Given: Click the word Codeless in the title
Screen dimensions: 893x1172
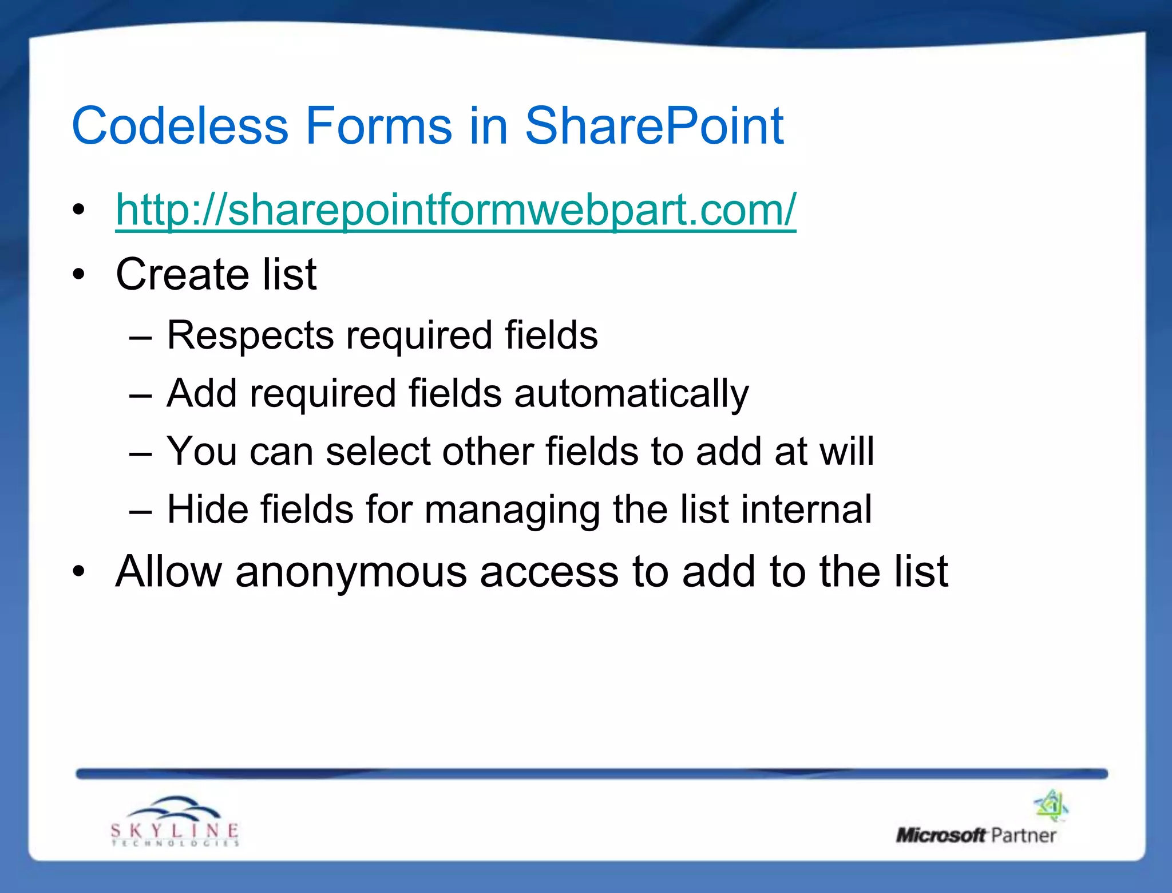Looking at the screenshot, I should [180, 126].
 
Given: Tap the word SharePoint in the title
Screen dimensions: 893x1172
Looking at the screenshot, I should [654, 126].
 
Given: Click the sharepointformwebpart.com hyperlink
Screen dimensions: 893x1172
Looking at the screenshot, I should [456, 210].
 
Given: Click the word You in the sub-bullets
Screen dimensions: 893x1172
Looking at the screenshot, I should [201, 452].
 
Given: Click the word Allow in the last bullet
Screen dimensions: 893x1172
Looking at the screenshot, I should [168, 572].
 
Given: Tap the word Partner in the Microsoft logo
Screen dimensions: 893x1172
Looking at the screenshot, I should [1023, 836].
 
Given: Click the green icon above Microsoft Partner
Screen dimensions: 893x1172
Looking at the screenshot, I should [1051, 805].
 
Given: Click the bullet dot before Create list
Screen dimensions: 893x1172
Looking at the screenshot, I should [78, 275].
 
